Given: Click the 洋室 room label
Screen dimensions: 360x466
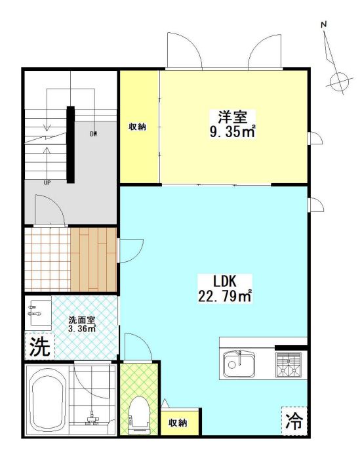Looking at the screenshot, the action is click(x=233, y=117).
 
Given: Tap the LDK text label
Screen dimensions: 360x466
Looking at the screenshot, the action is click(x=224, y=281).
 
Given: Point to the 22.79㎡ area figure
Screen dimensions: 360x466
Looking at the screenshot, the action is click(x=225, y=296).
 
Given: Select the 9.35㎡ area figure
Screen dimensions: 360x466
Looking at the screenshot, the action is click(x=233, y=132).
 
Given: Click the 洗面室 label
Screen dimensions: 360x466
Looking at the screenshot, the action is click(x=81, y=320).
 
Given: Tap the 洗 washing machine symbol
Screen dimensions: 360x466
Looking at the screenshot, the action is click(x=39, y=347).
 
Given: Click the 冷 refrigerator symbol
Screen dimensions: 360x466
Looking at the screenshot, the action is click(x=294, y=421).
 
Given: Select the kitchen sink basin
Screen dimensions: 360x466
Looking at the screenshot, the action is click(x=239, y=363).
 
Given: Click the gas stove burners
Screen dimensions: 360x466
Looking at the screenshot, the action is click(x=288, y=364).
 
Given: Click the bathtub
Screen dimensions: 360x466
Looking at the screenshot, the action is click(x=47, y=400).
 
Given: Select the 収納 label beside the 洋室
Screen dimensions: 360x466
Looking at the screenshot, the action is click(x=137, y=127).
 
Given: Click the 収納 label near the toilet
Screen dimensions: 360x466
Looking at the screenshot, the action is click(x=178, y=423).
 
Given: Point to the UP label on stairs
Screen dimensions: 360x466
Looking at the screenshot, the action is click(x=47, y=183).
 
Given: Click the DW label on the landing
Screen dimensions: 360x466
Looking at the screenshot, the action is click(x=94, y=134).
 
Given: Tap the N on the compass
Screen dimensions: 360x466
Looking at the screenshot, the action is click(x=324, y=25).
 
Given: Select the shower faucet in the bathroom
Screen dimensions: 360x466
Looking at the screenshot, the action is click(x=92, y=417).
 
